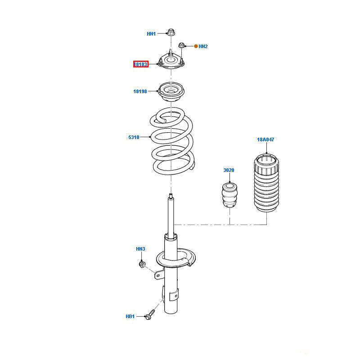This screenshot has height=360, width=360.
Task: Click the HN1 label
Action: tap(151, 34)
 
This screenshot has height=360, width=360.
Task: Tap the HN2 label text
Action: tap(203, 46)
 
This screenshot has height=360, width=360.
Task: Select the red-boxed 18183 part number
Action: tap(140, 64)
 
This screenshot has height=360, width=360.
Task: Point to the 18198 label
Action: tap(140, 91)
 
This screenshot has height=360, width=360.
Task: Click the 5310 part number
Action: tap(134, 137)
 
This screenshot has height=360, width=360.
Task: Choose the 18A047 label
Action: tap(265, 140)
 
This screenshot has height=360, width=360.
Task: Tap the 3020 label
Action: tap(229, 170)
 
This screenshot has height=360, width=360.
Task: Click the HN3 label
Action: tap(140, 249)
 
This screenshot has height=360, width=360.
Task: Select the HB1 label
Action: tap(130, 317)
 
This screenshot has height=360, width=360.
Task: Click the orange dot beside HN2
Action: tap(196, 46)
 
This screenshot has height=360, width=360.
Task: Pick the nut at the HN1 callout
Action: tap(171, 32)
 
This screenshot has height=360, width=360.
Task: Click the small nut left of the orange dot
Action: tap(182, 45)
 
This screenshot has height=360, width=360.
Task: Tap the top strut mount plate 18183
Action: tap(171, 63)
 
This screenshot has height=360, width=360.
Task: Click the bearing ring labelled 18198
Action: tap(171, 92)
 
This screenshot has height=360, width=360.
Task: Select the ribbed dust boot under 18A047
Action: tap(265, 184)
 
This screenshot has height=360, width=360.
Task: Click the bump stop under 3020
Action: tap(229, 194)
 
